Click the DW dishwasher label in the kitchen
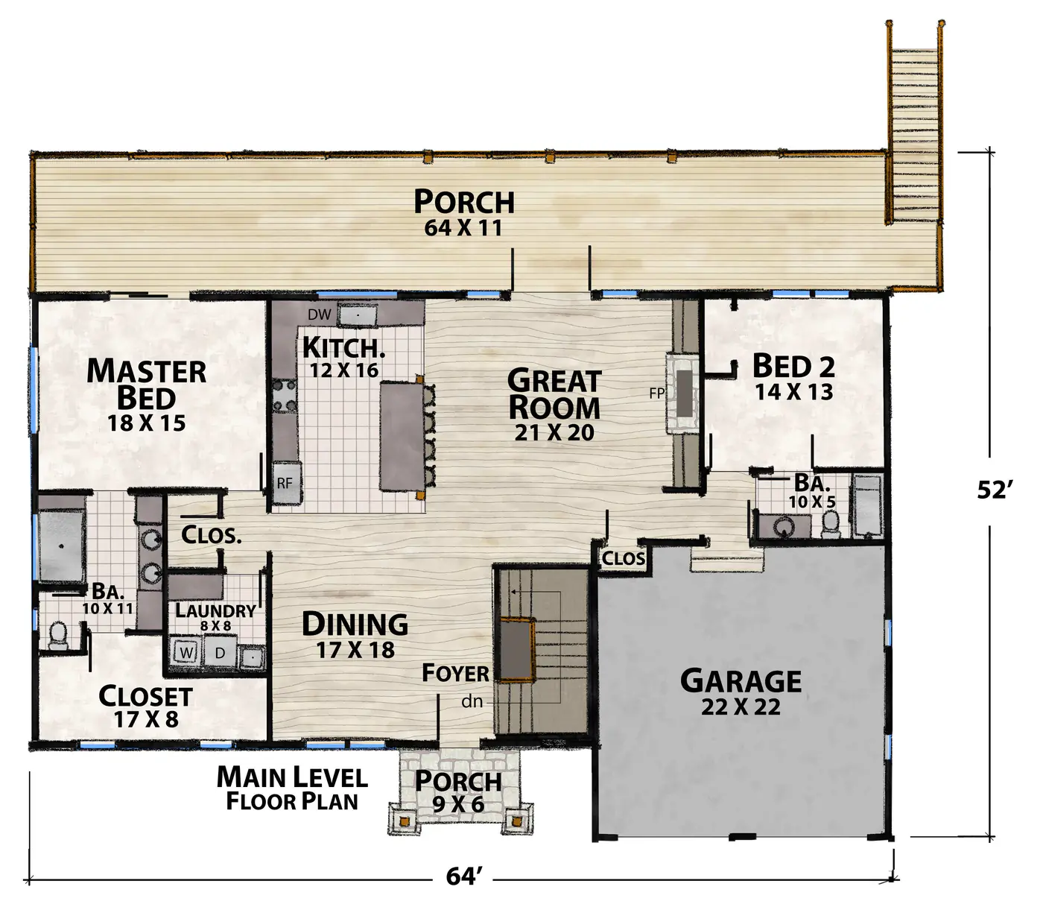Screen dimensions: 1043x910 pyautogui.click(x=320, y=315)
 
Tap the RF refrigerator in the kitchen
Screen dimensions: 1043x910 pyautogui.click(x=287, y=482)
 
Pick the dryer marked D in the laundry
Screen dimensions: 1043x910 pyautogui.click(x=220, y=652)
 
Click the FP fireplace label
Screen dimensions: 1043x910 pyautogui.click(x=656, y=393)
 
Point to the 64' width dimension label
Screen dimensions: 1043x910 pyautogui.click(x=463, y=877)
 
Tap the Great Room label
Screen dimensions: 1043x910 pyautogui.click(x=554, y=394)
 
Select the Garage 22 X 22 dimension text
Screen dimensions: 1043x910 pyautogui.click(x=741, y=707)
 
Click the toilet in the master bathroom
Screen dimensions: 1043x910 pyautogui.click(x=58, y=634)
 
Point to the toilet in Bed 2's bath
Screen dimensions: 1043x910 pyautogui.click(x=831, y=524)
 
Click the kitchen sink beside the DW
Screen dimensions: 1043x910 pyautogui.click(x=358, y=315)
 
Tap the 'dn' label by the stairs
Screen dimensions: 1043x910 pyautogui.click(x=472, y=701)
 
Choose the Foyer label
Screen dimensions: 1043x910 pyautogui.click(x=455, y=674)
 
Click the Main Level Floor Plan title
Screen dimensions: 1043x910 pyautogui.click(x=292, y=789)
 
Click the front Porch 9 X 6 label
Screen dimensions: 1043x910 pyautogui.click(x=458, y=791)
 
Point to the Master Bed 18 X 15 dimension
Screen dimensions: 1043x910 pyautogui.click(x=146, y=423)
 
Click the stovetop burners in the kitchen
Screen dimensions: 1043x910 pyautogui.click(x=285, y=395)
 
